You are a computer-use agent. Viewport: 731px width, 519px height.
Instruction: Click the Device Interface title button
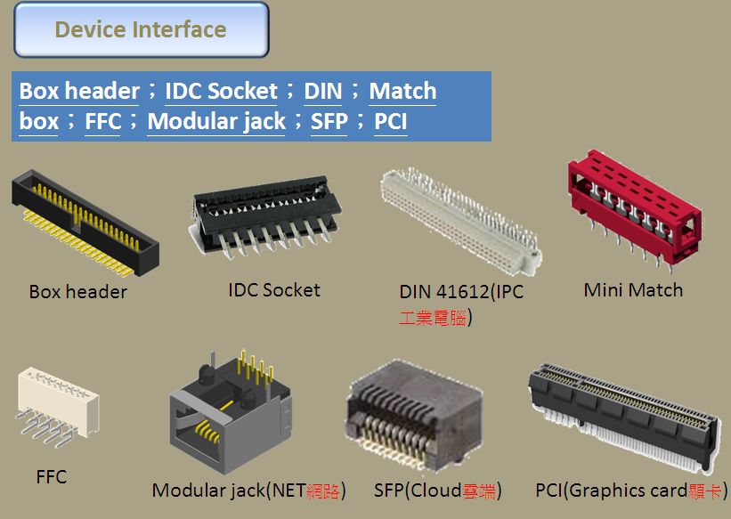[x=141, y=29]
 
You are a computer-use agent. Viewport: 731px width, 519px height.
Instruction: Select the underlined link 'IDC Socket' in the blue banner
[x=221, y=91]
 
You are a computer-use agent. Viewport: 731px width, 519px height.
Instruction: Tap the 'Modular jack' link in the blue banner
[x=216, y=121]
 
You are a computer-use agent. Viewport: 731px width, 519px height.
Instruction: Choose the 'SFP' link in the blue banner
[x=329, y=121]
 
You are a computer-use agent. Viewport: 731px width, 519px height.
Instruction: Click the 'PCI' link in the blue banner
[x=391, y=121]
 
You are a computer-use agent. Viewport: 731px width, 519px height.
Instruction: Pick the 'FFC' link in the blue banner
[x=102, y=121]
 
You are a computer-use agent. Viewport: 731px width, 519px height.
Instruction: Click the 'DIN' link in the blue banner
[x=322, y=91]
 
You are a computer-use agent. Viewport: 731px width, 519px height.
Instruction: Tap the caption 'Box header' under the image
[x=77, y=292]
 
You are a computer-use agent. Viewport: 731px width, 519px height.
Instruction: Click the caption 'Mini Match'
[x=633, y=290]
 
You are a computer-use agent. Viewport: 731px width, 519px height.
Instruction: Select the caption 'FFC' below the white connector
[x=51, y=477]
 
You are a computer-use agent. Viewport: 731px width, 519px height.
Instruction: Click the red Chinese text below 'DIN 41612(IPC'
[x=433, y=318]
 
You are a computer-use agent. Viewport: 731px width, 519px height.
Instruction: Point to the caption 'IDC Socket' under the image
[x=273, y=290]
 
